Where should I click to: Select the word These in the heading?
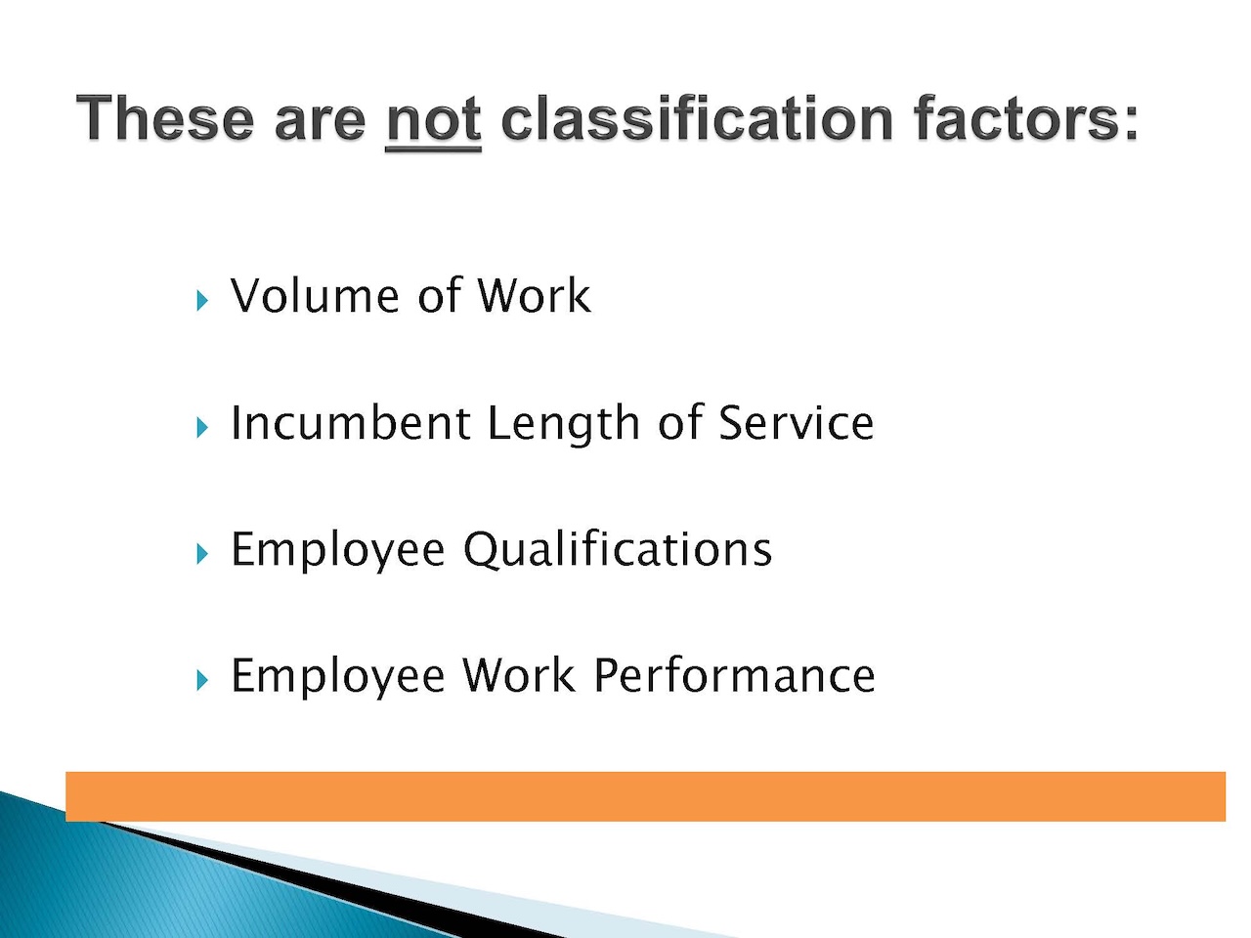(165, 117)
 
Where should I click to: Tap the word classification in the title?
(697, 117)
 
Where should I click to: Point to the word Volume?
(314, 295)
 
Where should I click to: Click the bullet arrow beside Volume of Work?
(202, 300)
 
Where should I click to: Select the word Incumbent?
(350, 422)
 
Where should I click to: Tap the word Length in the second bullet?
(564, 424)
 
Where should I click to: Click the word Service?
(796, 422)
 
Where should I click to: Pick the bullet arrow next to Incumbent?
(202, 427)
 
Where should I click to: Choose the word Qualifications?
(618, 548)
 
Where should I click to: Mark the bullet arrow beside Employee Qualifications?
(202, 554)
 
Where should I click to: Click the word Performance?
(734, 675)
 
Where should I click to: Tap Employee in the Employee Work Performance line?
(337, 677)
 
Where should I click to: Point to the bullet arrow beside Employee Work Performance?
(202, 680)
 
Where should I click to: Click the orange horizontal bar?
(645, 796)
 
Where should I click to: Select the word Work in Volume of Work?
(534, 295)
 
